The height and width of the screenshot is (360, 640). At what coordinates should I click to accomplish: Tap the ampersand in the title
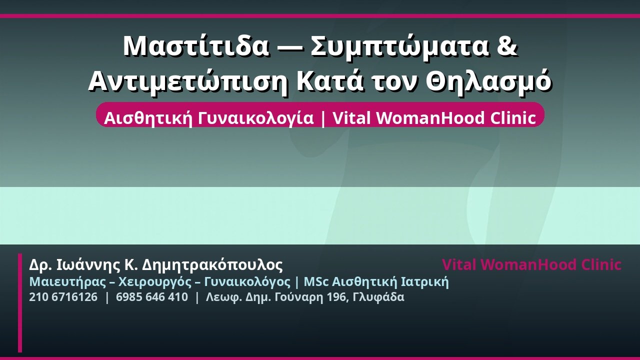click(x=507, y=45)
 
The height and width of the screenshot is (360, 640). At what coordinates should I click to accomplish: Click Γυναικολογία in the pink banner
click(x=255, y=118)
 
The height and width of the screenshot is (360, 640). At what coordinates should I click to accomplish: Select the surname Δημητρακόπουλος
click(x=212, y=265)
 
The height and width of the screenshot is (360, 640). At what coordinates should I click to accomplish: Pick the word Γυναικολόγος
click(x=247, y=282)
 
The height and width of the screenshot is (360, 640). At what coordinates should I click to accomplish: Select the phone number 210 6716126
click(x=63, y=297)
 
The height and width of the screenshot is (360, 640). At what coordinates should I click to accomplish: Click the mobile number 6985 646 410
click(x=152, y=297)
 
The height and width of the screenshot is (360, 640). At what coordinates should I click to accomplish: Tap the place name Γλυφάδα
click(x=378, y=297)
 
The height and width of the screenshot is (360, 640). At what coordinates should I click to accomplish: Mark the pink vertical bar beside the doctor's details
click(x=20, y=303)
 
